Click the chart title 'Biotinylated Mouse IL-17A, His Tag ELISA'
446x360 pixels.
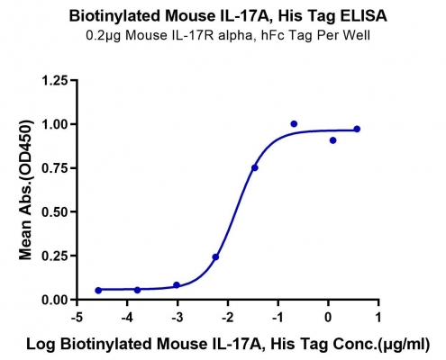click(228, 16)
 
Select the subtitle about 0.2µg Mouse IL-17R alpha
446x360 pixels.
click(228, 36)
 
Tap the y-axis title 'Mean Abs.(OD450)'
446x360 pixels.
click(25, 190)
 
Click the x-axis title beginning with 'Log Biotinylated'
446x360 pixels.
click(228, 345)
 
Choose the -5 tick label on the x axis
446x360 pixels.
click(77, 317)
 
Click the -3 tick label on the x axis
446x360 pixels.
click(177, 317)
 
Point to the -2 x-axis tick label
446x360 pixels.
click(227, 317)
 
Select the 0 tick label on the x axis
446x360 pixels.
click(328, 317)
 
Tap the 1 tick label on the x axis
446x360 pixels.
click(378, 317)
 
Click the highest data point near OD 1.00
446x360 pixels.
click(294, 124)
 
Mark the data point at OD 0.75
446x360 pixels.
click(255, 167)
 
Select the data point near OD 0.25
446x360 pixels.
click(215, 257)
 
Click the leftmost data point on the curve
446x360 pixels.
click(98, 291)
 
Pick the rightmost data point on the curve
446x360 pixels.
click(357, 129)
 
